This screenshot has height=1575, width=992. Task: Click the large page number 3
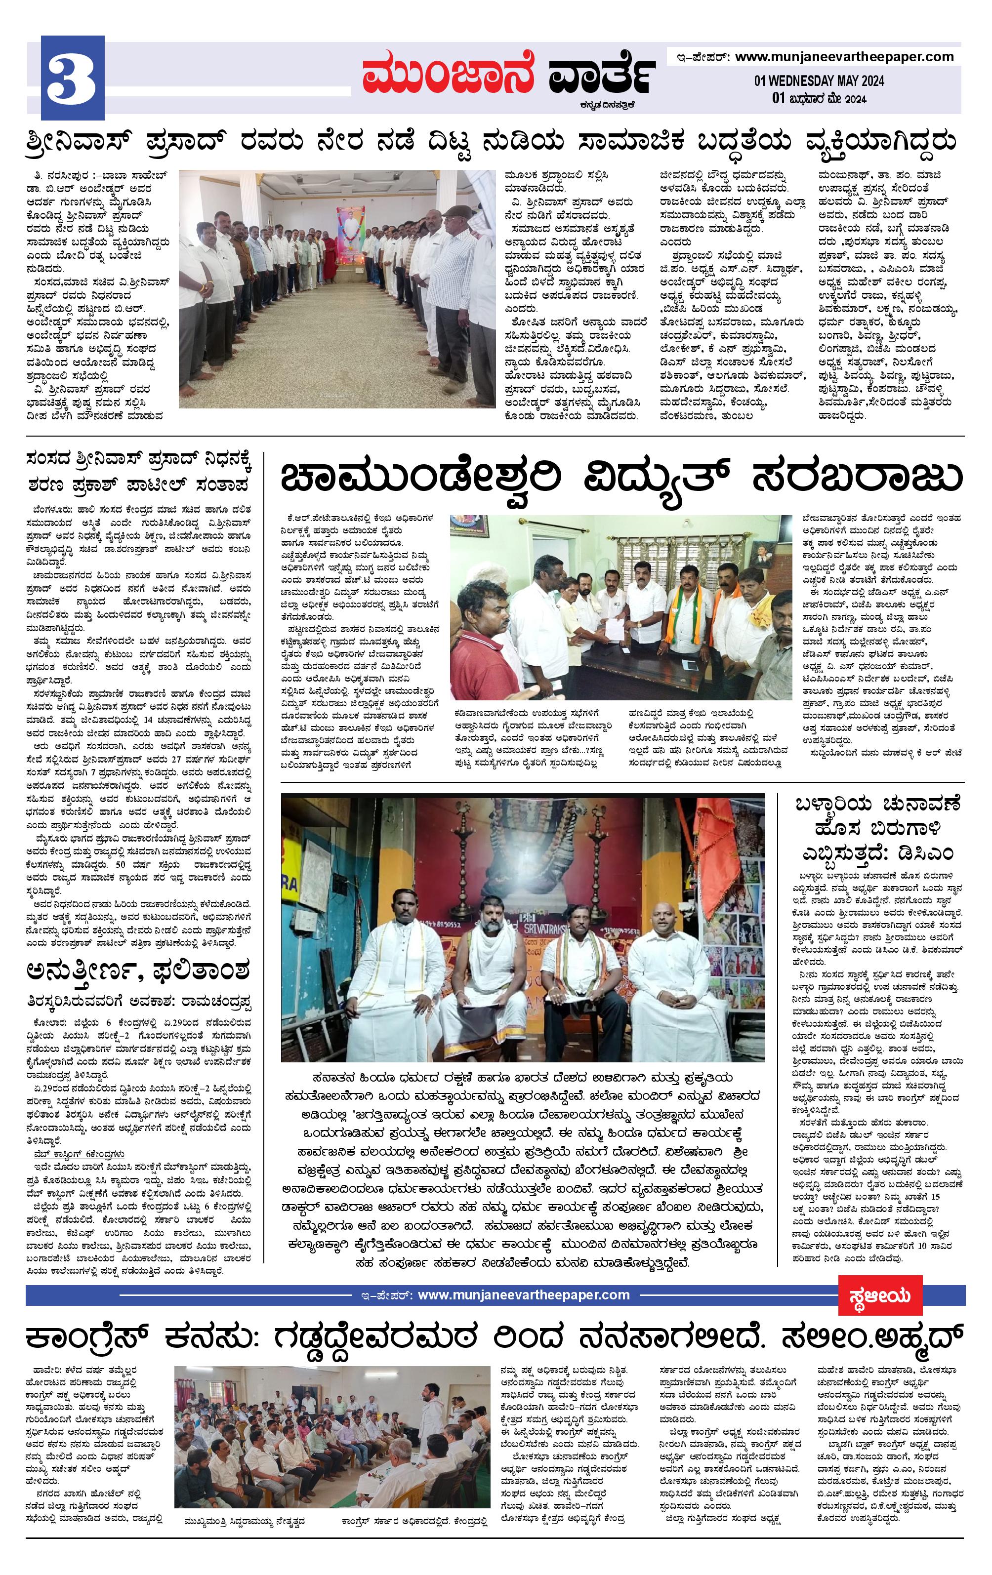click(x=72, y=79)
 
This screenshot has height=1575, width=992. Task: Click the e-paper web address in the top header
click(x=844, y=57)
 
